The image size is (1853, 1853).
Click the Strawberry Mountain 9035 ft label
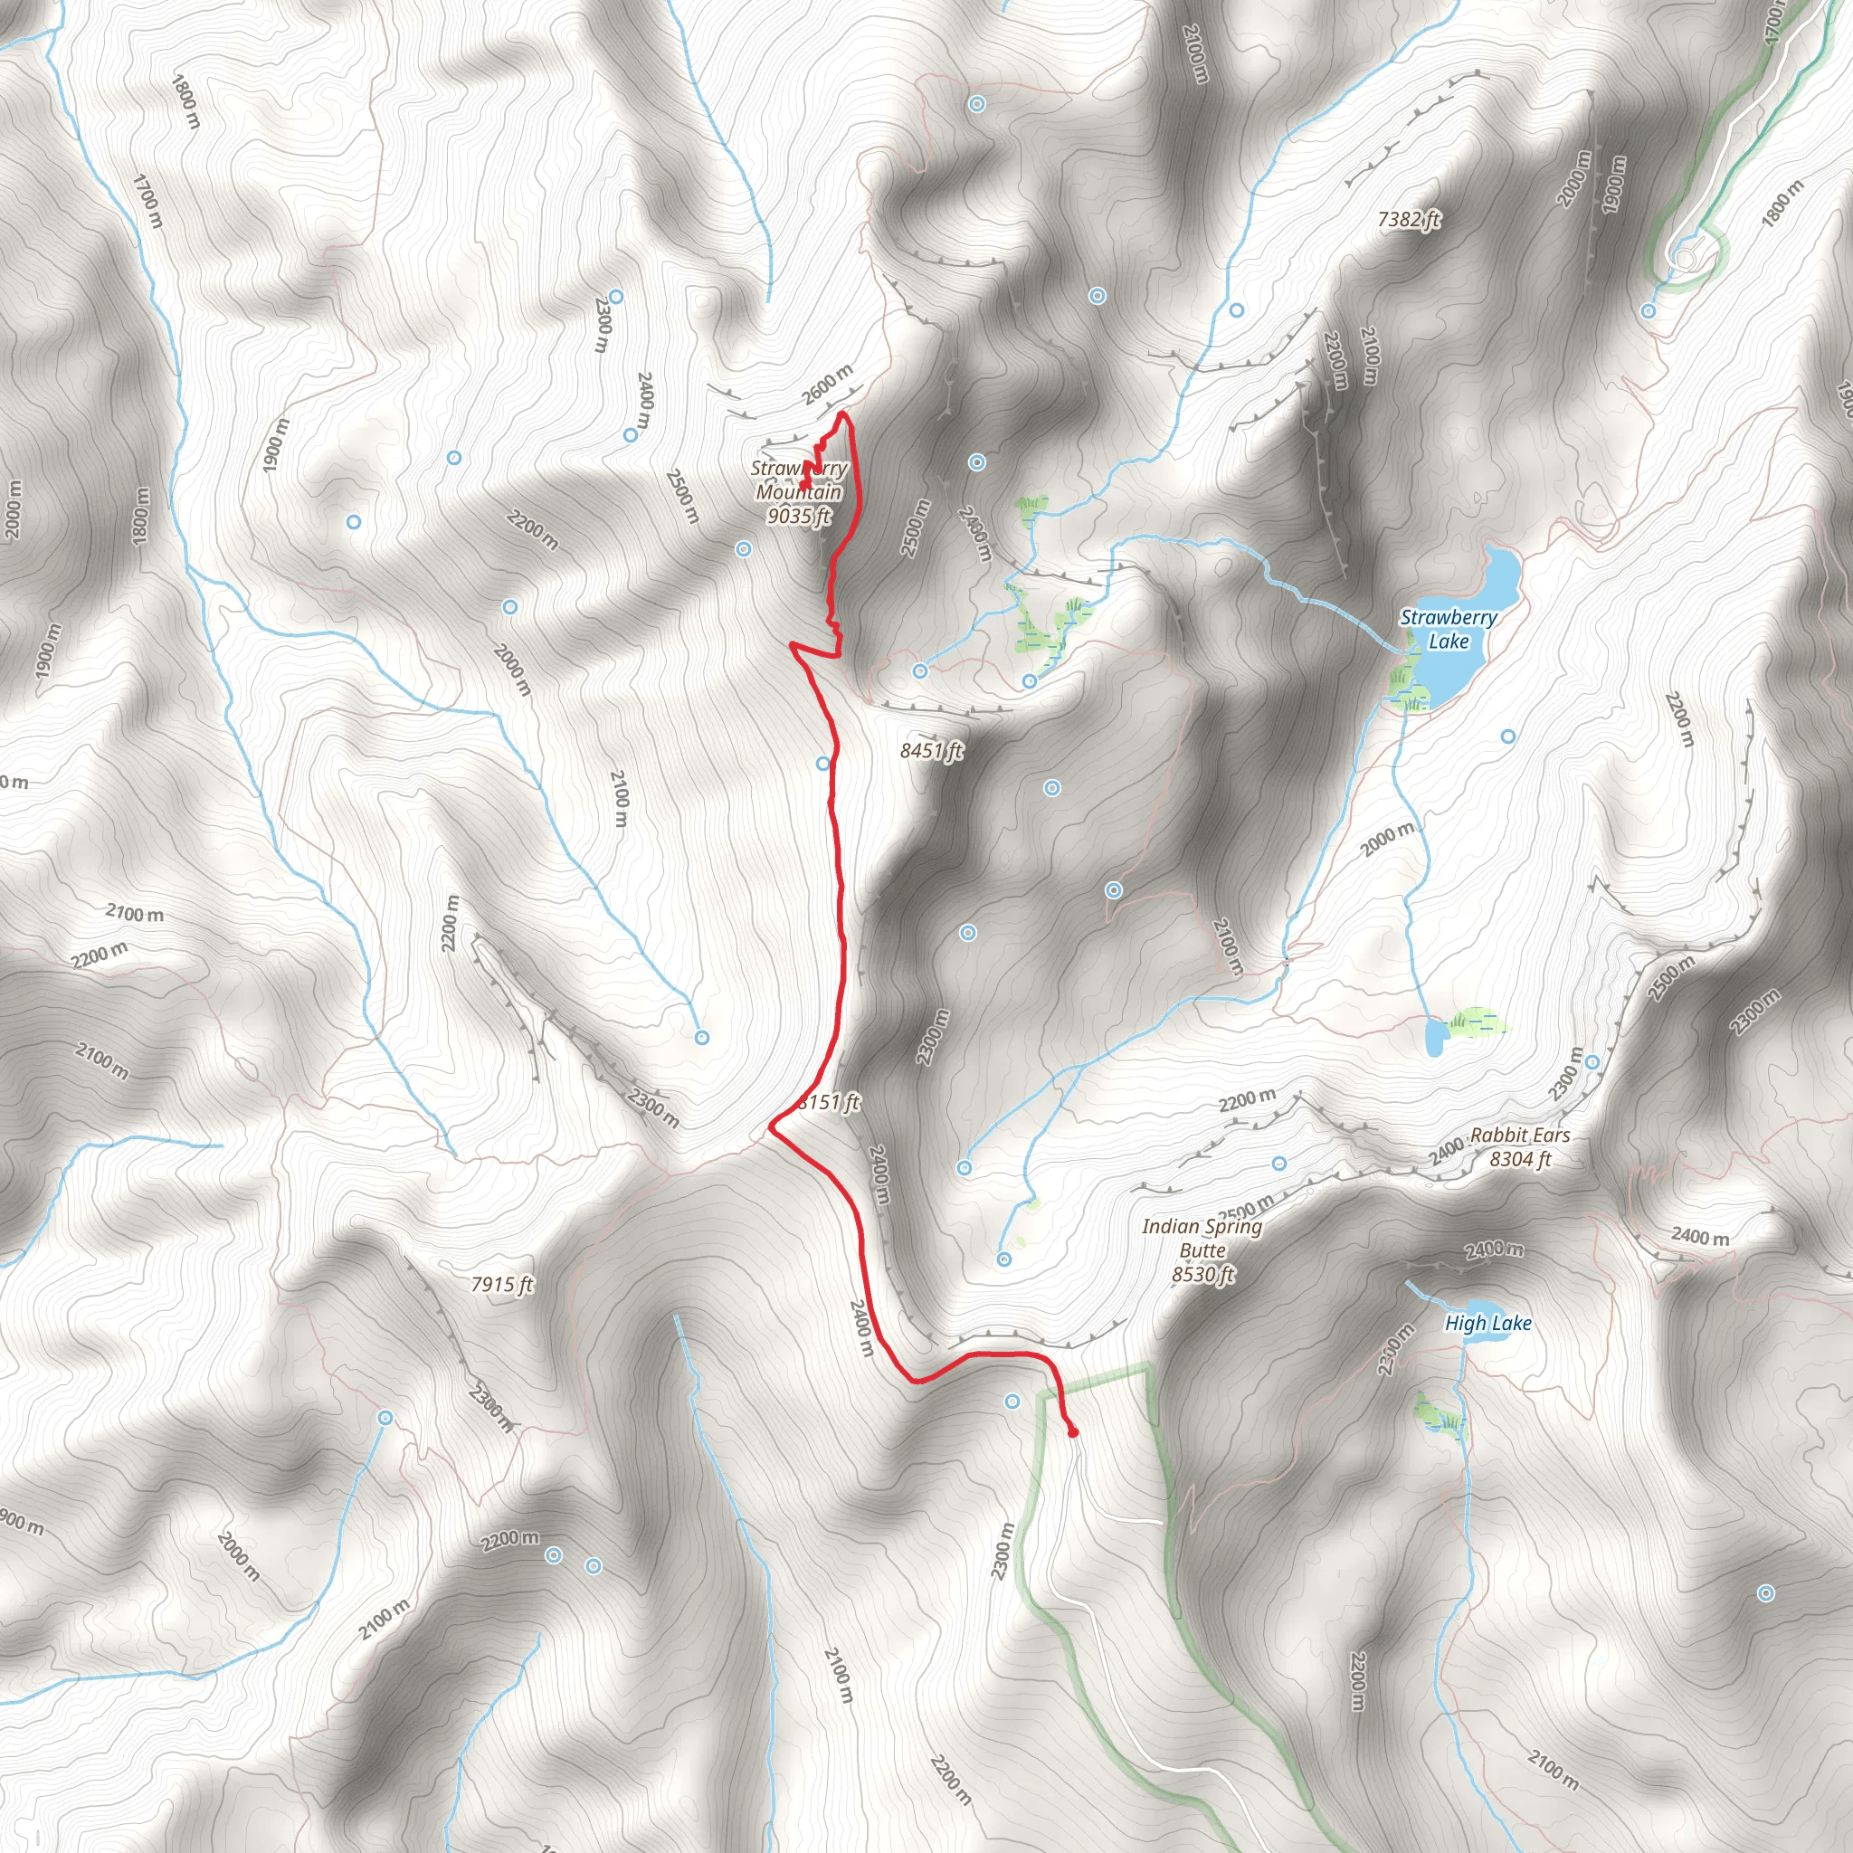(799, 492)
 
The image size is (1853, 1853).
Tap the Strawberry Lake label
(1448, 629)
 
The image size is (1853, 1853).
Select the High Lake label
(1487, 1324)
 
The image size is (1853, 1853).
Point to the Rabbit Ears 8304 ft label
(1519, 1147)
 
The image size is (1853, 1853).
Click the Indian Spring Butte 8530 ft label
(1202, 1250)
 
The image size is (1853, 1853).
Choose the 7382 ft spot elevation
(1408, 220)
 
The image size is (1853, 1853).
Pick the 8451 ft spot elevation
(930, 751)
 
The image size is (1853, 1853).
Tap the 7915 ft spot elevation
(501, 1284)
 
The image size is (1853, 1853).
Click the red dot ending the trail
(1073, 1433)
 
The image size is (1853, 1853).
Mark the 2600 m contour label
(827, 385)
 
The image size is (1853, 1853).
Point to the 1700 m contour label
(147, 201)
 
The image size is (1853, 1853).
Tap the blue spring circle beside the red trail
(823, 764)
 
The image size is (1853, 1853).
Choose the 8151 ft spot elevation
(831, 1103)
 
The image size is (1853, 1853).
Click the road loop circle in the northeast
(1685, 257)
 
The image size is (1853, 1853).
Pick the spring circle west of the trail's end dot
(1012, 1402)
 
